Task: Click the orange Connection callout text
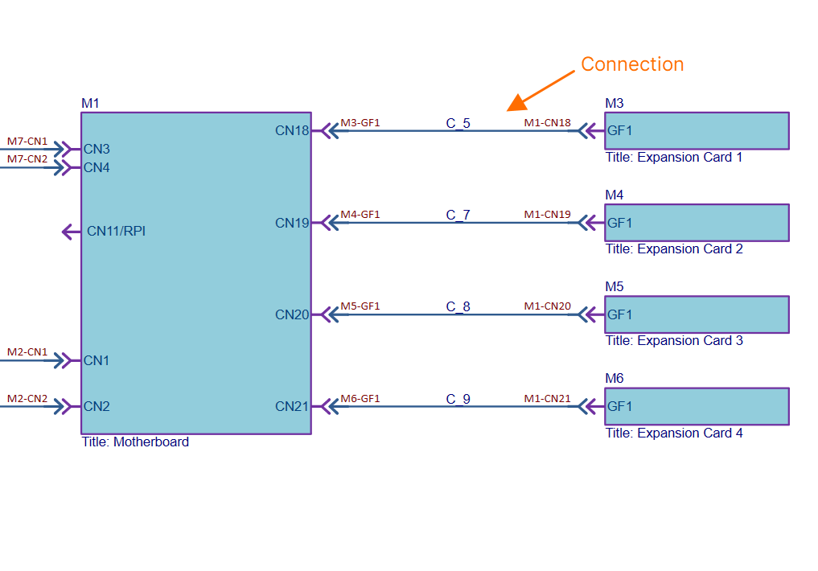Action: point(632,64)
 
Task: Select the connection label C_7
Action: point(458,215)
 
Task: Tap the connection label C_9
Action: point(458,399)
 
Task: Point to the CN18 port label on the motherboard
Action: point(292,130)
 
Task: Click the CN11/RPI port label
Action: point(117,232)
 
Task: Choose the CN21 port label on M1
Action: point(292,406)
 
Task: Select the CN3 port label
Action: point(97,149)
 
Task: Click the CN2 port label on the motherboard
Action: point(97,406)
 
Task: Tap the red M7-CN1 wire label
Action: point(27,142)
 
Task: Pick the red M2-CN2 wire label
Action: point(27,398)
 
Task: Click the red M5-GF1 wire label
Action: point(360,306)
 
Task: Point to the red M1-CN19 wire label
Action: point(547,215)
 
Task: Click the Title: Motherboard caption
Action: point(135,442)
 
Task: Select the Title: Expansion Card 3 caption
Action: point(674,340)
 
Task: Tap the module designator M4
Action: point(614,195)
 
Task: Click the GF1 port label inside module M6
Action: point(619,406)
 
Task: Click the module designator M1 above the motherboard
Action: point(90,103)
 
